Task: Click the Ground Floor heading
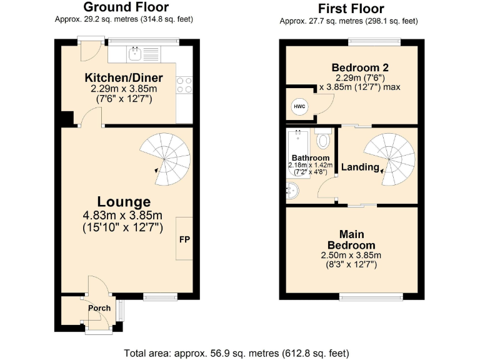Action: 126,7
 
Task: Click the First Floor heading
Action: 351,8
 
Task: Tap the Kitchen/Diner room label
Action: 124,77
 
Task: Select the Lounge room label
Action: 124,202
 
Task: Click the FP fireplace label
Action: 184,239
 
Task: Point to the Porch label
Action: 99,308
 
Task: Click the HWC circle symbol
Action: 299,106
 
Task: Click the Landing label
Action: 360,167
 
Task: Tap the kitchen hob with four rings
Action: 184,84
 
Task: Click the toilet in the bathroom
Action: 323,138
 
